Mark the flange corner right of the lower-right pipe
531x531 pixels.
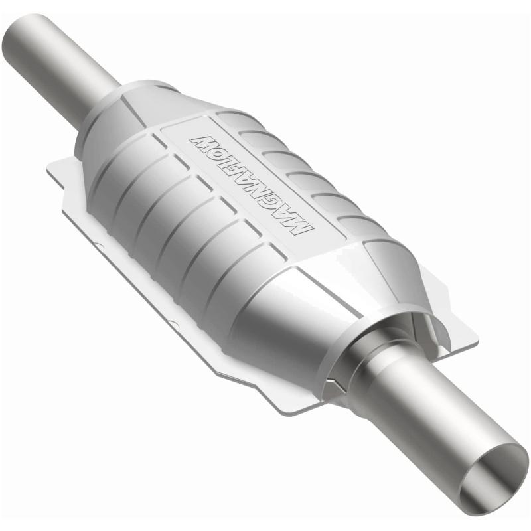(468, 339)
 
